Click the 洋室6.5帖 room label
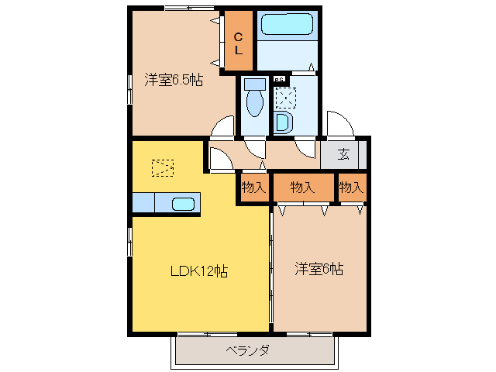point(174,80)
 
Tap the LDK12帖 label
point(198,271)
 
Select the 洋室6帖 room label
point(319,270)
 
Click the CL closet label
point(239,43)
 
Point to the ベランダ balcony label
point(248,350)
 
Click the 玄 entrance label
point(343,153)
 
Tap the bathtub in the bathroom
point(286,26)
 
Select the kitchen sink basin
point(183,205)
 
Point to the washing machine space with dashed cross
point(284,98)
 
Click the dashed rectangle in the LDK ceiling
point(163,167)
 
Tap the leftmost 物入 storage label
point(253,187)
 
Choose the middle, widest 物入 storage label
point(302,187)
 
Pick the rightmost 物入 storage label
point(351,187)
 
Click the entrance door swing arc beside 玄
point(338,124)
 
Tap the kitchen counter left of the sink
point(143,203)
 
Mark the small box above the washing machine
point(279,79)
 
